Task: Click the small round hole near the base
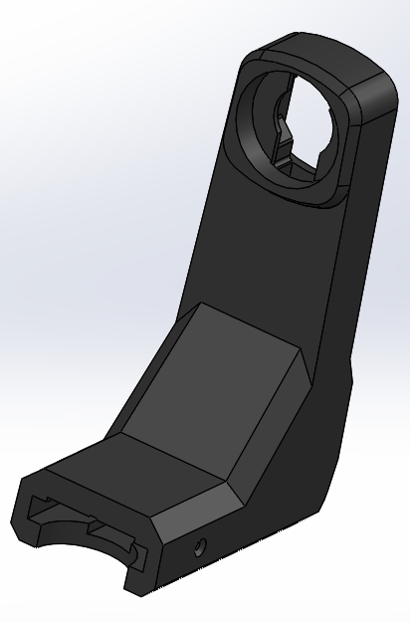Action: pos(201,545)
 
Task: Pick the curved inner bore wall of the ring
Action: pos(261,119)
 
